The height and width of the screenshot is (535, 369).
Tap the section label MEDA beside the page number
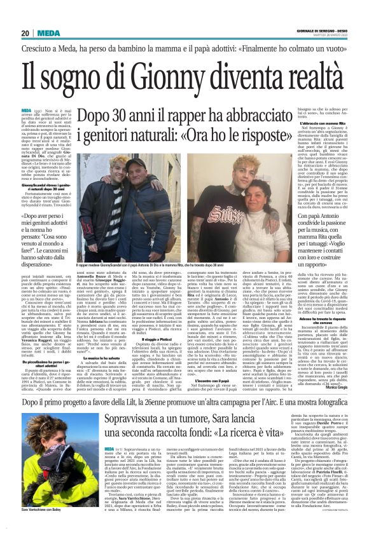click(48, 33)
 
